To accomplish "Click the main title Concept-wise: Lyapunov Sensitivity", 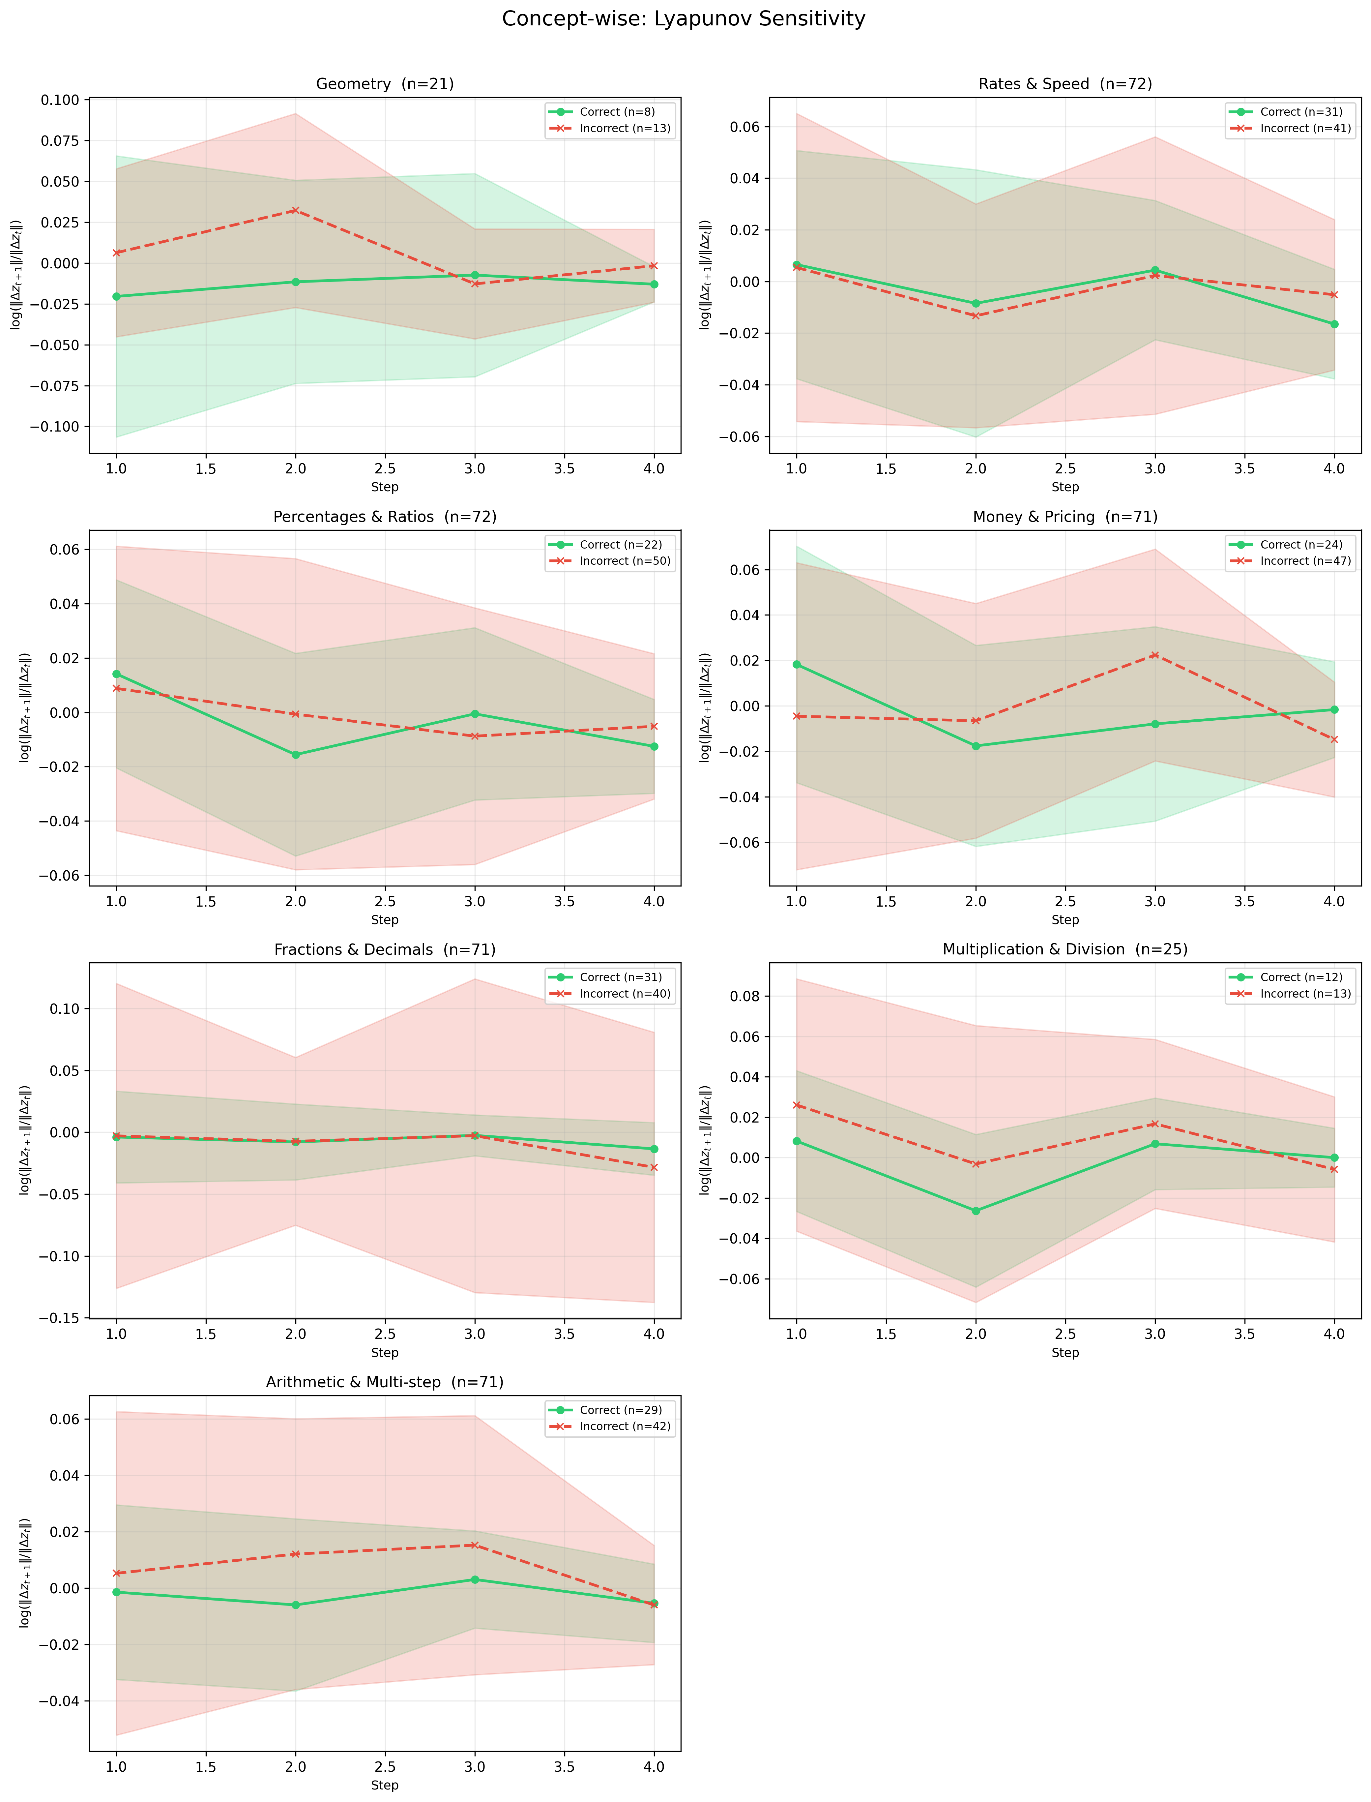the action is pos(684,19).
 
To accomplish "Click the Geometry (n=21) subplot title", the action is pos(385,84).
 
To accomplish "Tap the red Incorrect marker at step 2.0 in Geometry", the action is pos(295,211).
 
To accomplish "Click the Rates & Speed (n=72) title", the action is pos(1065,84).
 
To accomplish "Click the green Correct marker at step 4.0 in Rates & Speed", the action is pos(1334,324).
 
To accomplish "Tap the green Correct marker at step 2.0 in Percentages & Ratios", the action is pos(295,755).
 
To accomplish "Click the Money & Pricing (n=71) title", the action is pos(1065,517).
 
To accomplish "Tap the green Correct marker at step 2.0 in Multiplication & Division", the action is pos(975,1211).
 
